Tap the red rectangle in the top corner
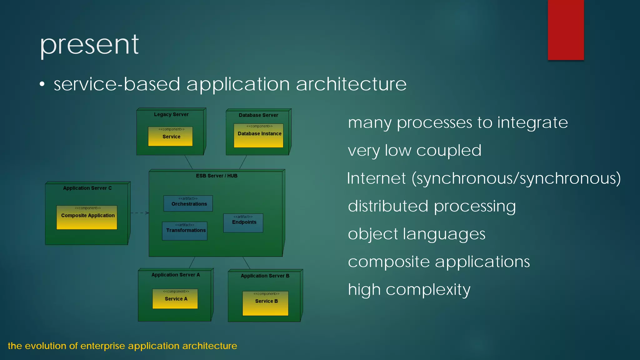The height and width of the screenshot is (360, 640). [x=566, y=30]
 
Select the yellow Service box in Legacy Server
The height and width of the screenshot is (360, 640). [x=170, y=136]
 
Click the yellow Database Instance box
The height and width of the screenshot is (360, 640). [x=258, y=136]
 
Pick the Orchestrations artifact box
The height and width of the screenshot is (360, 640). [x=188, y=203]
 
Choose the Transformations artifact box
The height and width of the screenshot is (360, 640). [x=185, y=231]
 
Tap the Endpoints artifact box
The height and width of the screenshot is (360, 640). [x=243, y=223]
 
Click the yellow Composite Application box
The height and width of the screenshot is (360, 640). [x=87, y=217]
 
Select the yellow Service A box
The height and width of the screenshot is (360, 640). [x=175, y=299]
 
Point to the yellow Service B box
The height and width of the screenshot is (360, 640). [x=265, y=303]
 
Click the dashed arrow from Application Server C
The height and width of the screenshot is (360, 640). [x=139, y=213]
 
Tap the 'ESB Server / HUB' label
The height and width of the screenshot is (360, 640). [x=217, y=176]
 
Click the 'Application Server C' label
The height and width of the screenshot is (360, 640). [x=87, y=188]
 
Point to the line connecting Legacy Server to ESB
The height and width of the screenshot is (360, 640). [x=188, y=162]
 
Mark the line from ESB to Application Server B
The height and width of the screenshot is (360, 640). [x=246, y=263]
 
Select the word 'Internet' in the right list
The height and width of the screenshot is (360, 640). [x=376, y=178]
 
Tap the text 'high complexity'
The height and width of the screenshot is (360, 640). [x=409, y=290]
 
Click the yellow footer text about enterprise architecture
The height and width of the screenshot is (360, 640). [x=122, y=346]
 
